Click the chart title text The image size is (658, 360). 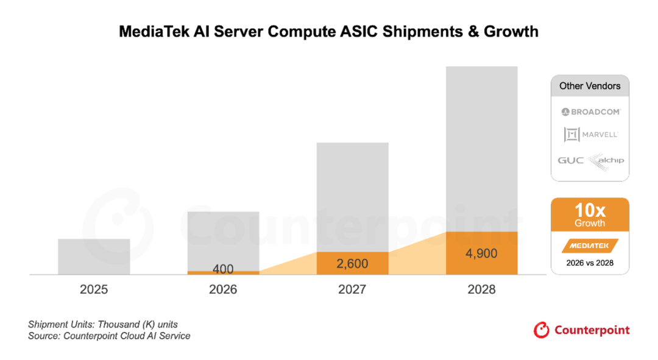coord(328,32)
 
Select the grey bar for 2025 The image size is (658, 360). coord(94,256)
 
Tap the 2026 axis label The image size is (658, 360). coord(223,289)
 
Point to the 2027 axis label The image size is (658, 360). coord(352,289)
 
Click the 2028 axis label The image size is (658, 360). coord(481,289)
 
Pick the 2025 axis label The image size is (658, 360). coord(94,289)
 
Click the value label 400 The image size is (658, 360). coord(223,269)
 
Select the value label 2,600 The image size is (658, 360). coord(352,263)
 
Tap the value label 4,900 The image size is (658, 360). coord(481,253)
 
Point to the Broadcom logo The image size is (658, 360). coord(590,111)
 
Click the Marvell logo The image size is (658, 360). coord(590,135)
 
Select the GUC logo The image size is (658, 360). coord(571,160)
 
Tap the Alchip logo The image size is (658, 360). coord(606,160)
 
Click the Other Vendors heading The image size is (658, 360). coord(590,86)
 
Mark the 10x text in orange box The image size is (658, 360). coord(590,211)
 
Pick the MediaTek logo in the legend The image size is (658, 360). coord(590,245)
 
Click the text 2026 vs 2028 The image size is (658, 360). coord(590,263)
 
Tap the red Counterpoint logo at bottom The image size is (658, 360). coord(581,330)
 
